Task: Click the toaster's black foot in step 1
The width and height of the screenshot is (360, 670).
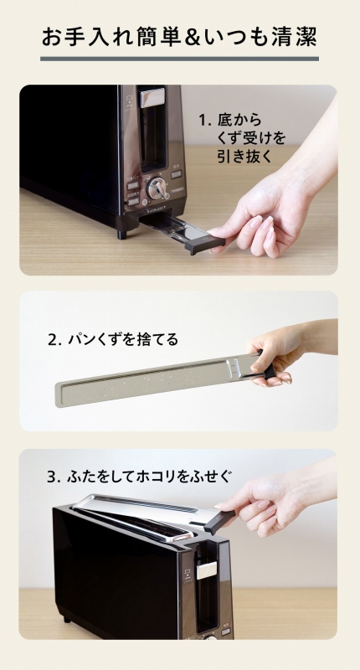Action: coord(122,234)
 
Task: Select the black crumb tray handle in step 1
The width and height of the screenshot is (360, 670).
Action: coord(204,243)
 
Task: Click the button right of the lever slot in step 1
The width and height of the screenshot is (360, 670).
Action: coord(176,174)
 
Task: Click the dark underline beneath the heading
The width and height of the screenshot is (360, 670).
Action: coord(179,59)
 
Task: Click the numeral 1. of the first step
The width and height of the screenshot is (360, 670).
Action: coord(205,120)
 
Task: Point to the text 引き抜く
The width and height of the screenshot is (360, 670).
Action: coord(244,157)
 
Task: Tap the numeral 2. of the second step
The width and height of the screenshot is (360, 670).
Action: coord(55,340)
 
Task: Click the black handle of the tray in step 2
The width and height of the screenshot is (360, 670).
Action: coord(266,366)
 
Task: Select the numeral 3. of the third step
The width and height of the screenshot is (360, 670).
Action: coord(54,477)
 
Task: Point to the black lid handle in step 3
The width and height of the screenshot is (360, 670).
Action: coord(219,521)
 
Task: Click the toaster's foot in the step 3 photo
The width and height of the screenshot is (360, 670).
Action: coord(66,619)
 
